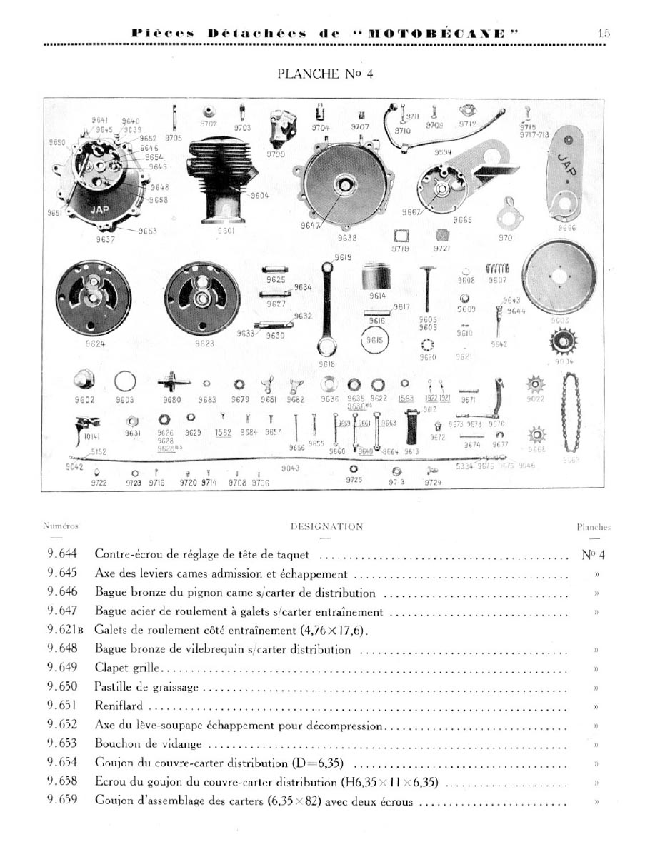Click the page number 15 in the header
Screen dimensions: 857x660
coord(604,33)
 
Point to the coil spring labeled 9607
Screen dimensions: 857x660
coord(497,269)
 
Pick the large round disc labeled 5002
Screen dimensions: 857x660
coord(560,278)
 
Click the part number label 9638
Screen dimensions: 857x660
coord(347,238)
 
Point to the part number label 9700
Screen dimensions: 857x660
coord(276,154)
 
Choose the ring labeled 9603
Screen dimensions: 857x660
coord(125,383)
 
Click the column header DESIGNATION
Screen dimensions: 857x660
coord(326,527)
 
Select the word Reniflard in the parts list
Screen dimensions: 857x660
coord(119,706)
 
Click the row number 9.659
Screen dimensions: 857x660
coord(62,799)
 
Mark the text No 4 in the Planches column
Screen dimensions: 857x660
coord(594,555)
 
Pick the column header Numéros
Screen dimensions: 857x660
coord(61,526)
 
